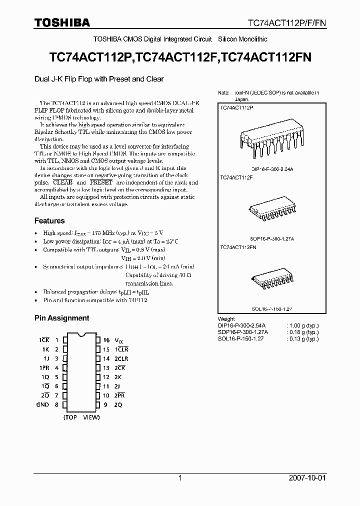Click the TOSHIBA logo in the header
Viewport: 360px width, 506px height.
pos(62,22)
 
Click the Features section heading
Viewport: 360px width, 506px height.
pos(49,220)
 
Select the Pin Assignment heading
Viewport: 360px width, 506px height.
pos(61,318)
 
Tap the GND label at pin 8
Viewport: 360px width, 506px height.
pos(42,404)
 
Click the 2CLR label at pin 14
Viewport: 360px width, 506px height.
pos(121,358)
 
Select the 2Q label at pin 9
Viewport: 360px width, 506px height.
pos(118,404)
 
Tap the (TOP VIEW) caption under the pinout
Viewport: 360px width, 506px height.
pos(81,417)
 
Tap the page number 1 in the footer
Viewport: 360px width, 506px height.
pos(180,478)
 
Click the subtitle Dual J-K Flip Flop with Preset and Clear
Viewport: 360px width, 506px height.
pos(99,79)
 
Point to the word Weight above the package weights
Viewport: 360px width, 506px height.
pos(226,319)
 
